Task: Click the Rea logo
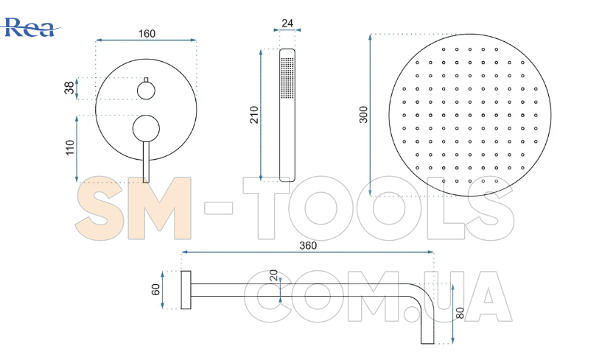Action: pos(30,27)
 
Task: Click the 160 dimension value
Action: pos(147,34)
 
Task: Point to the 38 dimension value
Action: pos(69,88)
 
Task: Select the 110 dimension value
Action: pos(69,148)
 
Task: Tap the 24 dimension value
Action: pos(287,24)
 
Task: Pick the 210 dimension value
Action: pos(254,115)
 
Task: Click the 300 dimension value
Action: pos(363,115)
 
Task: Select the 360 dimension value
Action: pos(308,245)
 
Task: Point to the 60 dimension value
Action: pos(155,289)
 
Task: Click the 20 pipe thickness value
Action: pos(273,275)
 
